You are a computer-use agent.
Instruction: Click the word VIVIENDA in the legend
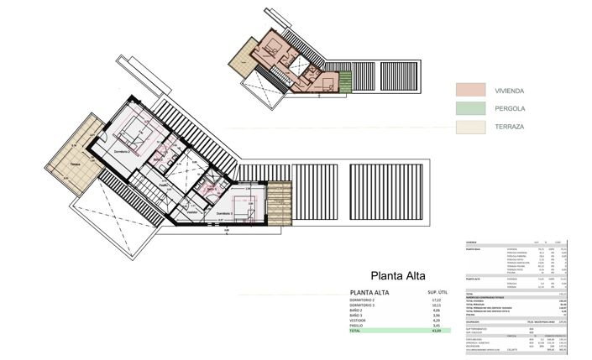click(x=511, y=90)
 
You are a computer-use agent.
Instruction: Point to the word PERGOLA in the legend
click(x=510, y=108)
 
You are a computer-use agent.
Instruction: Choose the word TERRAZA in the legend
click(x=510, y=128)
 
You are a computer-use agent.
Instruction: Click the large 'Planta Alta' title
click(x=398, y=275)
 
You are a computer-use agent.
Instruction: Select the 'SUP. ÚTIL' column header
click(x=438, y=292)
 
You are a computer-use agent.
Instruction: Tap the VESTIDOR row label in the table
click(x=364, y=320)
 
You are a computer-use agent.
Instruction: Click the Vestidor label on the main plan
click(x=192, y=211)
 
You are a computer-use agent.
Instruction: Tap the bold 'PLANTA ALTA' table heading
click(x=369, y=292)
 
